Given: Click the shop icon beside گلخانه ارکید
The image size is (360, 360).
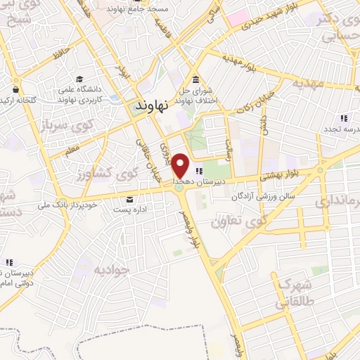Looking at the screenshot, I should (x=15, y=89).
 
